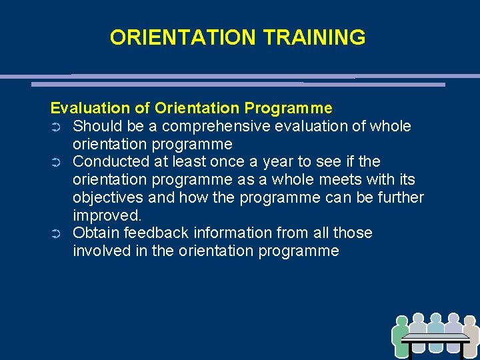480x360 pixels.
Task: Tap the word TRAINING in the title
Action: (314, 37)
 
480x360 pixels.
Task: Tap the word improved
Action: (107, 215)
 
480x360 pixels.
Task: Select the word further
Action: (399, 197)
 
